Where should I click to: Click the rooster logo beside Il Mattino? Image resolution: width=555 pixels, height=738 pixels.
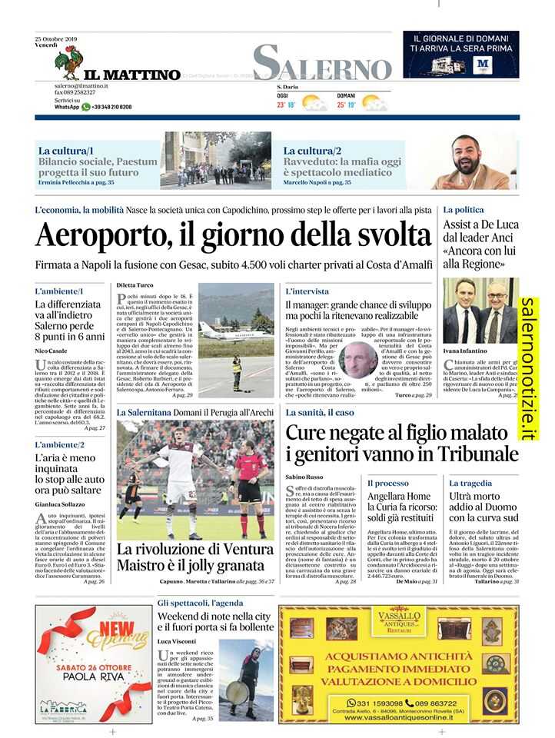tap(71, 62)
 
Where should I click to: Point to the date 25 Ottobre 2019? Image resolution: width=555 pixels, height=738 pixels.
tap(56, 38)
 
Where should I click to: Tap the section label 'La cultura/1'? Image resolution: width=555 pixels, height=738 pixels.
tap(66, 151)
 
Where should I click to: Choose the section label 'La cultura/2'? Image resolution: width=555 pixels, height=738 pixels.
tap(312, 151)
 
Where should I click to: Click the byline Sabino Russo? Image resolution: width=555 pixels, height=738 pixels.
tap(304, 477)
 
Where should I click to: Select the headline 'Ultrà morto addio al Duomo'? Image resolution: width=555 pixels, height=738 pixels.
tap(484, 507)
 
